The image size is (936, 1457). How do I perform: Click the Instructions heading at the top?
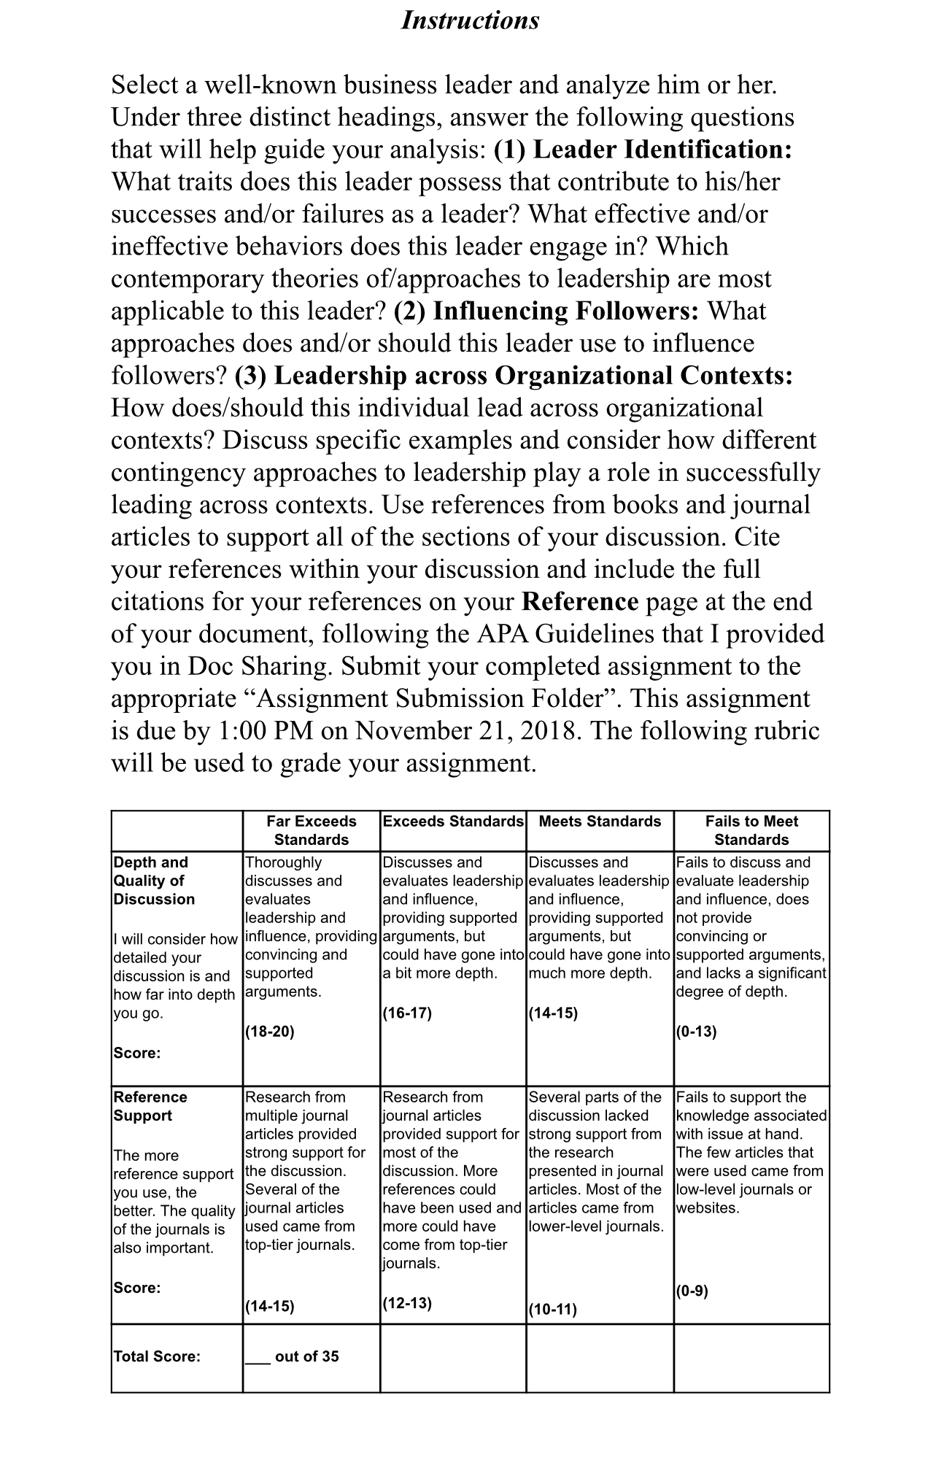click(x=470, y=20)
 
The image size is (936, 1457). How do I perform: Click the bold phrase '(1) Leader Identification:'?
click(x=643, y=150)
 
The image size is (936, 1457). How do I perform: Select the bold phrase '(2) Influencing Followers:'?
click(x=546, y=311)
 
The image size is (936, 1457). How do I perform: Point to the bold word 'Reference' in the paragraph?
click(x=580, y=601)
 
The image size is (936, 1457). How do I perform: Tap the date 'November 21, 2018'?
click(x=468, y=730)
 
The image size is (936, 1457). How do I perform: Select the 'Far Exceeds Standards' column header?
click(x=312, y=830)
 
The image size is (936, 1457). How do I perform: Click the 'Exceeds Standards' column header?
click(x=453, y=822)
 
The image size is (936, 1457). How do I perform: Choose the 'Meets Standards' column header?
click(x=600, y=822)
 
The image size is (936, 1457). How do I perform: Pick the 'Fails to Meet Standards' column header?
click(x=751, y=830)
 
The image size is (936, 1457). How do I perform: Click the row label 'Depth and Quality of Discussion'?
click(x=154, y=881)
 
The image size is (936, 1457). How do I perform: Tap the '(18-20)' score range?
click(x=270, y=1032)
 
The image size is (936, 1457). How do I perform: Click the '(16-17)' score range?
click(x=407, y=1013)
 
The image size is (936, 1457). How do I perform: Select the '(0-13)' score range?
click(x=696, y=1032)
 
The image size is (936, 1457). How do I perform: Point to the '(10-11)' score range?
click(x=552, y=1309)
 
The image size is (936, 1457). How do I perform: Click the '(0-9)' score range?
click(x=692, y=1291)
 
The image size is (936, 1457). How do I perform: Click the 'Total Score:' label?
click(x=157, y=1356)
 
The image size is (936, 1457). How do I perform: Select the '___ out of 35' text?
click(x=292, y=1356)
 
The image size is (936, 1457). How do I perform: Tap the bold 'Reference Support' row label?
click(x=150, y=1106)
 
